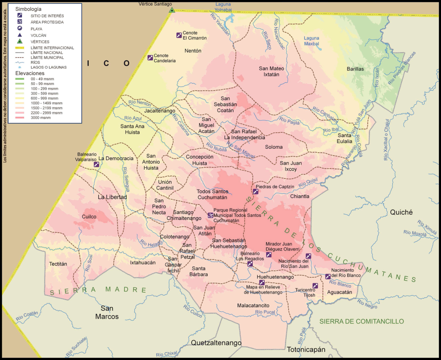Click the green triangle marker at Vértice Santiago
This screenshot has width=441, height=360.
pyautogui.click(x=172, y=10)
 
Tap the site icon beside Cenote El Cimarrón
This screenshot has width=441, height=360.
pyautogui.click(x=179, y=35)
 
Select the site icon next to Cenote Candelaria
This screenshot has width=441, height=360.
pyautogui.click(x=150, y=58)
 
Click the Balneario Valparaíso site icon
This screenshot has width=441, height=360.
pyautogui.click(x=96, y=164)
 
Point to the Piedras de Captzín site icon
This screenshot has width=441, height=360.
pyautogui.click(x=255, y=191)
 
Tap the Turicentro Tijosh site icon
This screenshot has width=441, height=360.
pyautogui.click(x=315, y=285)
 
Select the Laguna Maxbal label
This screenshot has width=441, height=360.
pyautogui.click(x=311, y=41)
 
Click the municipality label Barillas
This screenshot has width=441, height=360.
pyautogui.click(x=355, y=69)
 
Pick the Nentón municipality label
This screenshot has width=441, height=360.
pyautogui.click(x=193, y=50)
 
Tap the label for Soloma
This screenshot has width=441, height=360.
pyautogui.click(x=274, y=147)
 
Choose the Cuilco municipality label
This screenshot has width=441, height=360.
pyautogui.click(x=89, y=216)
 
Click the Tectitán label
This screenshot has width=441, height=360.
pyautogui.click(x=58, y=263)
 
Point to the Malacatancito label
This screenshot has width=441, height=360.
pyautogui.click(x=253, y=305)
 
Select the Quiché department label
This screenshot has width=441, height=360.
pyautogui.click(x=401, y=212)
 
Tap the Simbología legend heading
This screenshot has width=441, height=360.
pyautogui.click(x=28, y=9)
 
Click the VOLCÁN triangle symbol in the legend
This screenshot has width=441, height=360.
pyautogui.click(x=20, y=35)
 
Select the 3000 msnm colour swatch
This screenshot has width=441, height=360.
pyautogui.click(x=20, y=117)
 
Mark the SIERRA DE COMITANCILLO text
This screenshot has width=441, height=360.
pyautogui.click(x=361, y=321)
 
